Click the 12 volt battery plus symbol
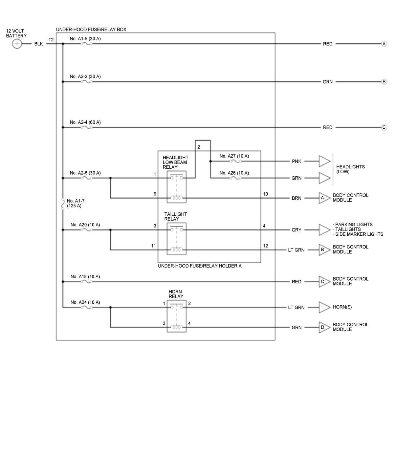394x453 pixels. [17, 44]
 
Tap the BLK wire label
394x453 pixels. [38, 44]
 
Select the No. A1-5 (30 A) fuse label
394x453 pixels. [85, 39]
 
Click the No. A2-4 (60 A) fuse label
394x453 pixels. [85, 122]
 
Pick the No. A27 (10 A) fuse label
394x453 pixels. [234, 156]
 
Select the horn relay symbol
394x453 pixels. [177, 316]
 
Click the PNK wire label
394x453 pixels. [296, 162]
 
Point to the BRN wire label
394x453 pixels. [296, 198]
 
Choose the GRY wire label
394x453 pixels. [296, 230]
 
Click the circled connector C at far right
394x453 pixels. [384, 127]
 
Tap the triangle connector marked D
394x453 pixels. [324, 327]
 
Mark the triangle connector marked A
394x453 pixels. [324, 198]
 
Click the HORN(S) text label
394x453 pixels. [342, 307]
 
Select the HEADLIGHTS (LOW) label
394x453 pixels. [350, 169]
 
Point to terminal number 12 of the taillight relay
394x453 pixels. [265, 246]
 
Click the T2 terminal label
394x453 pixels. [51, 40]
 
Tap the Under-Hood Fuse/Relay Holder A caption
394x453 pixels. [200, 266]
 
